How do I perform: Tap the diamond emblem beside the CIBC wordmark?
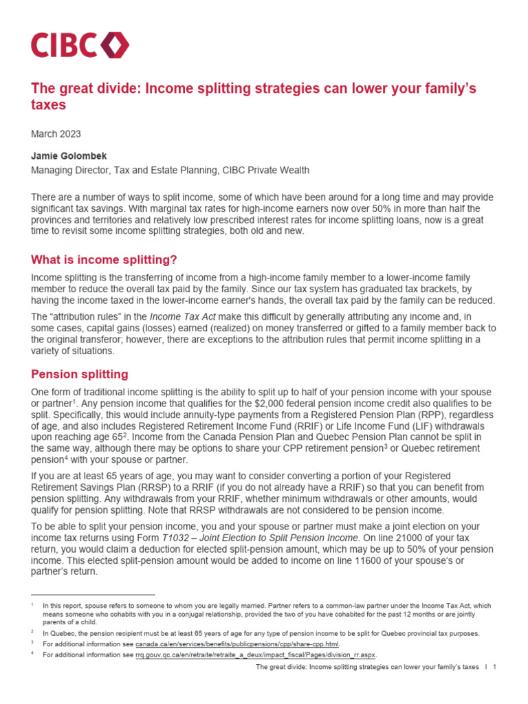click(x=114, y=45)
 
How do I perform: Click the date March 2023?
click(x=56, y=133)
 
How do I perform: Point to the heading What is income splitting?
click(x=104, y=260)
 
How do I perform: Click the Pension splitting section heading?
click(x=80, y=374)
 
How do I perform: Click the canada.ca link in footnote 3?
click(x=236, y=644)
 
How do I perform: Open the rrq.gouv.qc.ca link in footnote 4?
click(x=255, y=655)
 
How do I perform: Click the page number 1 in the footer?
click(x=494, y=668)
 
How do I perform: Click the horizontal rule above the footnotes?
click(x=93, y=595)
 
